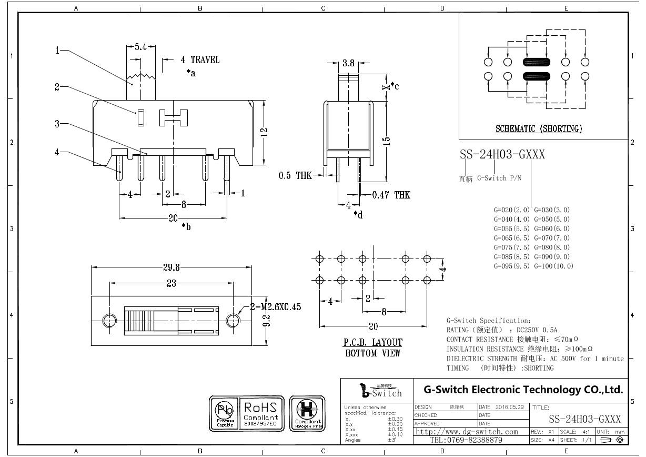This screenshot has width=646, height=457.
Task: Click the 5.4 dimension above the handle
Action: point(140,47)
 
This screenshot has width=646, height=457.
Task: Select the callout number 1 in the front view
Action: point(57,51)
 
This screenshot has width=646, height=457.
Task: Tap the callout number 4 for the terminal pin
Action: point(57,153)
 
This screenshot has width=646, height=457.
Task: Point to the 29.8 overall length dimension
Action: point(171,267)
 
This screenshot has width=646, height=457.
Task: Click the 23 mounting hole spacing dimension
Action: point(171,284)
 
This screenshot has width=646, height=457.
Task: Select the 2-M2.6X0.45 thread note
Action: point(275,307)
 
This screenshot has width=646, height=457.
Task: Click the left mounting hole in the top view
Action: point(110,321)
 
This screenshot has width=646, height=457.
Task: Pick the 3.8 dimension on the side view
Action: point(348,63)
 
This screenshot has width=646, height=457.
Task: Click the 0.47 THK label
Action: point(391,195)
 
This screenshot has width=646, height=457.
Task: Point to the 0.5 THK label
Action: point(295,176)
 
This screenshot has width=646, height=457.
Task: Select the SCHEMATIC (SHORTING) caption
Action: point(539,128)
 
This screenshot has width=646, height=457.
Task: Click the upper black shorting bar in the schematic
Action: point(537,62)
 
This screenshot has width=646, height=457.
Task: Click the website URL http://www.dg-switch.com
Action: point(467,432)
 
